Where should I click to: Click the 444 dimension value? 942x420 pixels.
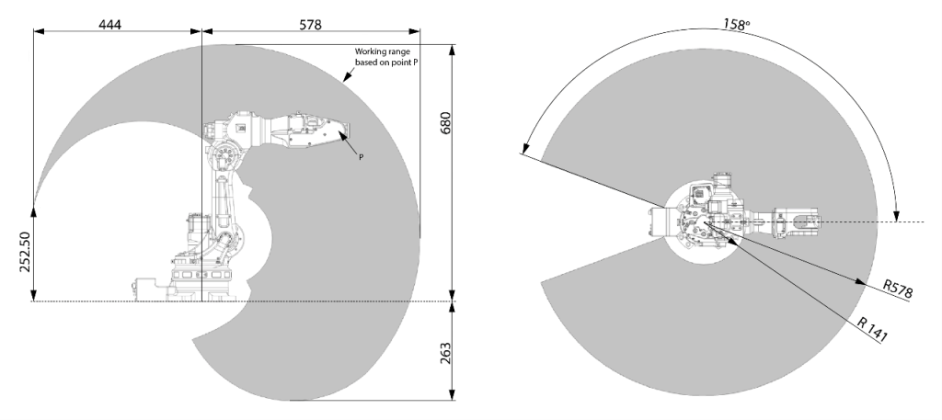110,25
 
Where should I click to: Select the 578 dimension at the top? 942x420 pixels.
310,25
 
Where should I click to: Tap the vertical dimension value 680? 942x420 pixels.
445,123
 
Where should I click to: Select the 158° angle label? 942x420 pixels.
737,25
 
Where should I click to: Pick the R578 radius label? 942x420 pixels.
898,289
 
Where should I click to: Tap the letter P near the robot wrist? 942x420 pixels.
361,157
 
